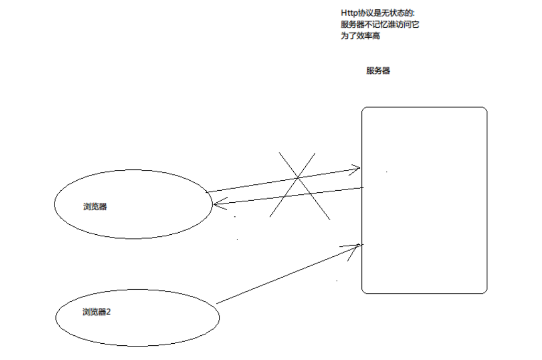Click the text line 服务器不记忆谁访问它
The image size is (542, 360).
380,24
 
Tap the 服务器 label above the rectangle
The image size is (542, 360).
378,71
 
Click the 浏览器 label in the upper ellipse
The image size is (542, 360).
95,206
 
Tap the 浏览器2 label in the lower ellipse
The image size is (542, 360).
97,312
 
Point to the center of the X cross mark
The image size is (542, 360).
298,178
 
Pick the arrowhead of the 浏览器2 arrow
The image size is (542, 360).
359,245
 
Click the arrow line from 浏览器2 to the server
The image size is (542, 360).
288,274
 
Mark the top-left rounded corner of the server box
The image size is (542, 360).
364,110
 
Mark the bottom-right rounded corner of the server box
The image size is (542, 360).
484,290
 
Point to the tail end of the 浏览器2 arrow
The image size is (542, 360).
217,303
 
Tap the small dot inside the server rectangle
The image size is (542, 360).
387,171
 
